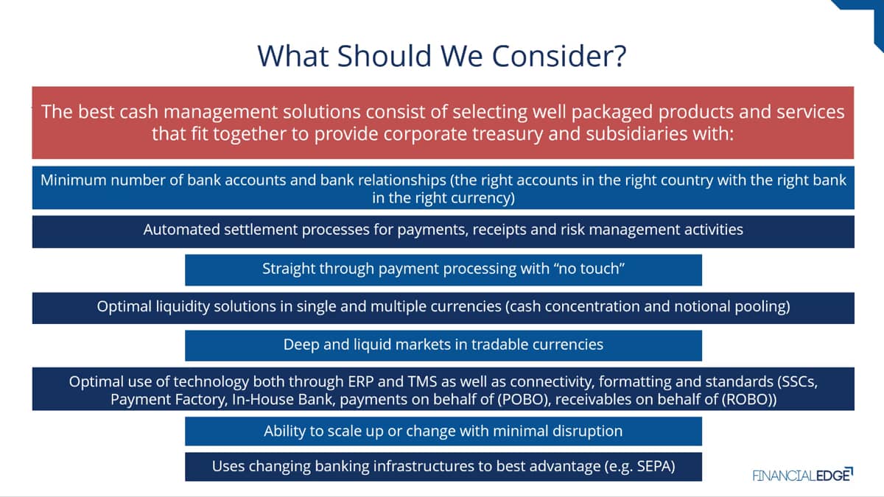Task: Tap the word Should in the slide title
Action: (x=385, y=56)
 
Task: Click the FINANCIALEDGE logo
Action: (x=803, y=475)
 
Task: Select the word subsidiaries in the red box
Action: (x=636, y=134)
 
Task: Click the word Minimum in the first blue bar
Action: (x=73, y=180)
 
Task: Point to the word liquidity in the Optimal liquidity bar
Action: (x=183, y=307)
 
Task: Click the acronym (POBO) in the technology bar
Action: (x=523, y=400)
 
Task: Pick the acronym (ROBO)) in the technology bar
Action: (x=749, y=400)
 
